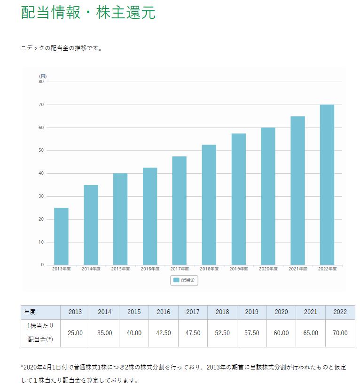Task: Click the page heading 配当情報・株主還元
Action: tap(88, 13)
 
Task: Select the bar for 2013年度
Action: tap(61, 236)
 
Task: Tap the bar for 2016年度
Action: tap(149, 216)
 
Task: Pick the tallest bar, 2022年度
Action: tap(327, 184)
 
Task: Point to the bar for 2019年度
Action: tap(238, 199)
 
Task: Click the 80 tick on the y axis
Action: tap(41, 82)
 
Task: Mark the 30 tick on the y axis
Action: tap(41, 196)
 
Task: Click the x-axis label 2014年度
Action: tap(91, 269)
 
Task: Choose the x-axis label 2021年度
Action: tap(297, 269)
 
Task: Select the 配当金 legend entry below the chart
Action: tap(184, 280)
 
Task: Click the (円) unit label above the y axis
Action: tap(43, 76)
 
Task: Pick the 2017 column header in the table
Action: tap(193, 312)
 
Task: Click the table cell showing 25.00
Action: tap(75, 333)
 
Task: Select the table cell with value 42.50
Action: tap(164, 333)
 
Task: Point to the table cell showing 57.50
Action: tap(252, 333)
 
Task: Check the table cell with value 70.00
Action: tap(340, 333)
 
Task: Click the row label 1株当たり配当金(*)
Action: tap(40, 333)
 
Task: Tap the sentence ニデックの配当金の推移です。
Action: tap(62, 48)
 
